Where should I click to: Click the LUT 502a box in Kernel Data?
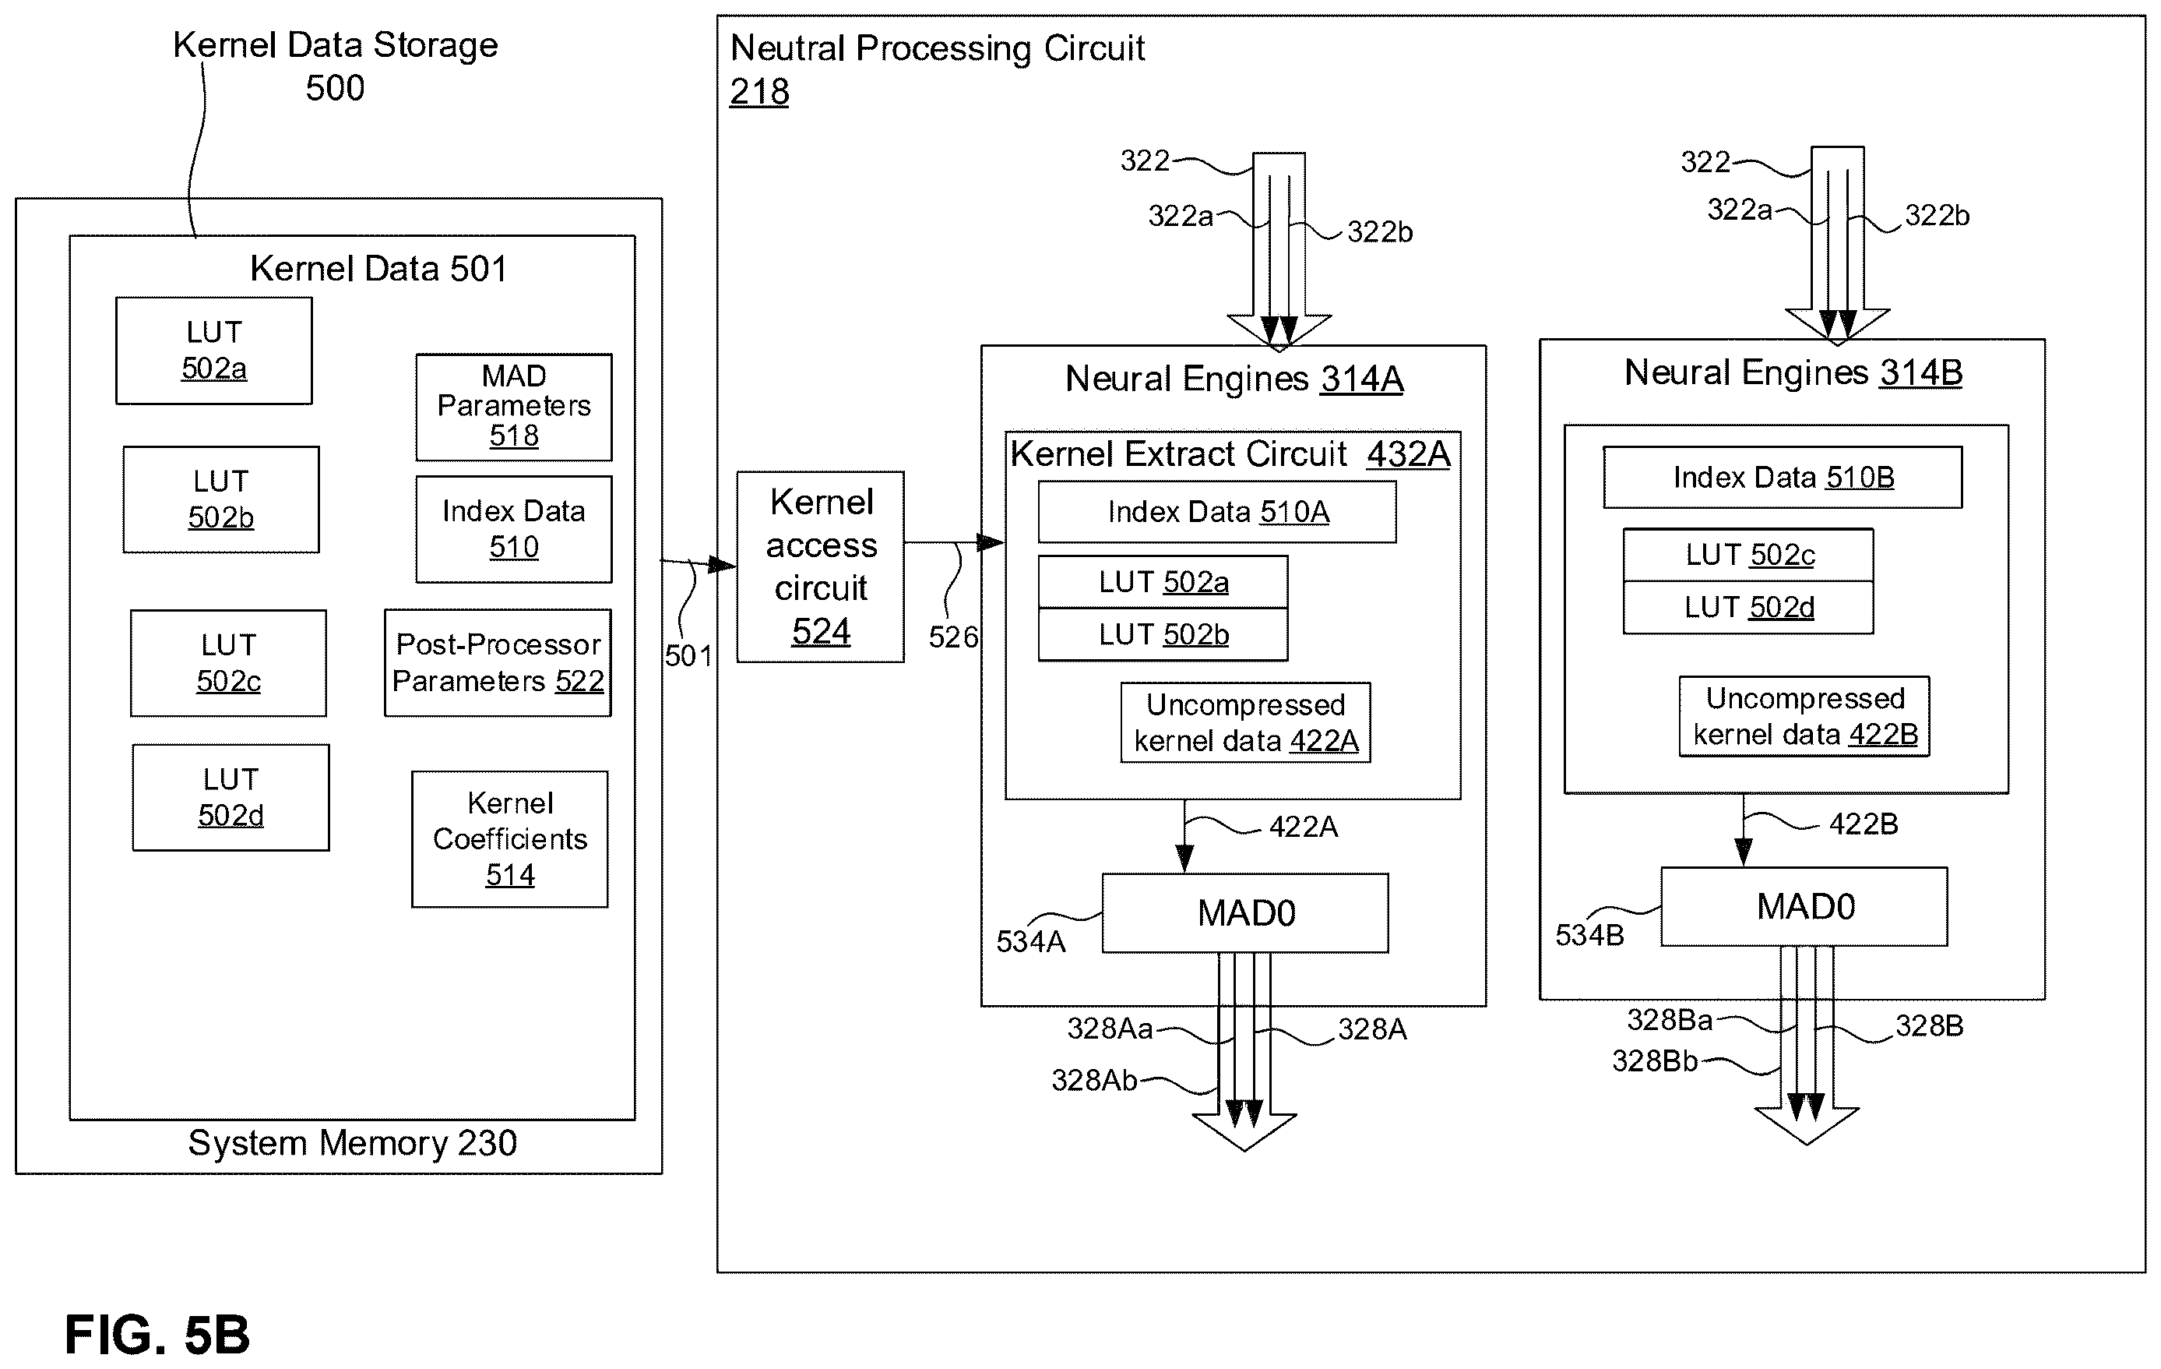[213, 350]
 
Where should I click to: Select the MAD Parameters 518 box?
[513, 407]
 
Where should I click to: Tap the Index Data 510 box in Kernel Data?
[513, 529]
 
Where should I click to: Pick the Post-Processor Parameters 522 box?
[498, 662]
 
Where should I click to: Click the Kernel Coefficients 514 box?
[510, 838]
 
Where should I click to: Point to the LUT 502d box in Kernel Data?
[231, 797]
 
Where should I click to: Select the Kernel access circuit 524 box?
[820, 566]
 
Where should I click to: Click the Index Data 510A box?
[1217, 512]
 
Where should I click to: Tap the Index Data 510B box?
[1783, 477]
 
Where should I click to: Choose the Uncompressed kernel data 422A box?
[1246, 722]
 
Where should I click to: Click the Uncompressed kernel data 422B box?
[1804, 716]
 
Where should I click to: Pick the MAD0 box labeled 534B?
[1804, 907]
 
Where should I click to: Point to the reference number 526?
[953, 637]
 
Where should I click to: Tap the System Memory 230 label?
[353, 1143]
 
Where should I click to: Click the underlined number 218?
[759, 92]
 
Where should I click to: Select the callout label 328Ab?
[1094, 1080]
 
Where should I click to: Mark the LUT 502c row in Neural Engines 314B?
[1748, 555]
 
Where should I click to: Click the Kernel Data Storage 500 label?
[335, 66]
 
